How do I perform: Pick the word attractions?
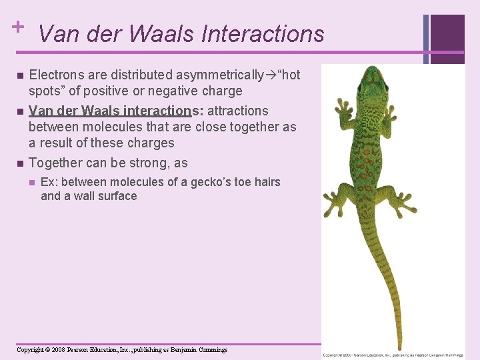pos(238,111)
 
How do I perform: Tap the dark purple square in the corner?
pos(447,31)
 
